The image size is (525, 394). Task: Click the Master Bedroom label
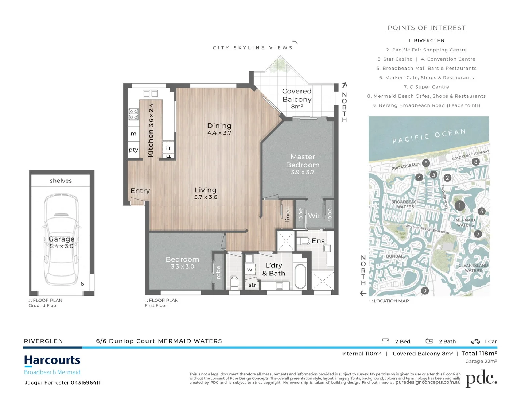[x=303, y=161]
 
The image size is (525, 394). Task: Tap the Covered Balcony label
[x=297, y=95]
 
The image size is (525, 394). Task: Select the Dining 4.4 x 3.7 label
[x=219, y=129]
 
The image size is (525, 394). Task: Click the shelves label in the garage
[x=61, y=181]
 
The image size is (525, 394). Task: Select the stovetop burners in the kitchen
[x=133, y=114]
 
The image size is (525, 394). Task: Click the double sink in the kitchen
[x=150, y=94]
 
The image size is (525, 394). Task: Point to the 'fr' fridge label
[x=168, y=148]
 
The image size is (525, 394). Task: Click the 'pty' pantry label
[x=133, y=150]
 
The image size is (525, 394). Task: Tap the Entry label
[x=140, y=191]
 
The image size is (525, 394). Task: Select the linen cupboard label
[x=288, y=215]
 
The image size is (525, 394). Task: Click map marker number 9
[x=424, y=291]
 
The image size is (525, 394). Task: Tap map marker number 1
[x=459, y=206]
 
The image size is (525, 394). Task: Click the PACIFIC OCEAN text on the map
[x=429, y=136]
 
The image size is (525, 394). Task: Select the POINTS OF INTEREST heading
[x=427, y=28]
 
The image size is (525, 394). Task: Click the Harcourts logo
[x=52, y=360]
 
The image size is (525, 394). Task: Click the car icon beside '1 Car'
[x=475, y=341]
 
